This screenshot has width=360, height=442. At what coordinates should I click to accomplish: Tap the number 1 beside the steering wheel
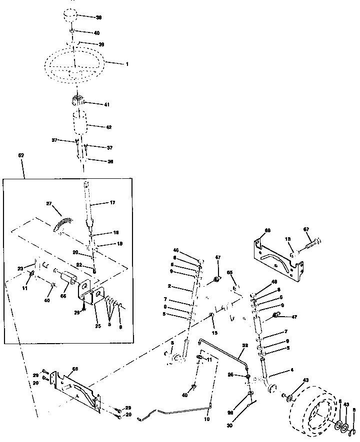[127, 64]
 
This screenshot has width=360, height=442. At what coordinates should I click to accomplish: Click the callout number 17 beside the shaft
[112, 202]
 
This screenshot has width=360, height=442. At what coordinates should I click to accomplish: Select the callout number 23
[20, 268]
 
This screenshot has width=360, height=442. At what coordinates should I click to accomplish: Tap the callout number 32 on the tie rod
[244, 345]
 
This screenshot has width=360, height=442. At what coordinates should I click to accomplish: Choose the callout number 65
[230, 273]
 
